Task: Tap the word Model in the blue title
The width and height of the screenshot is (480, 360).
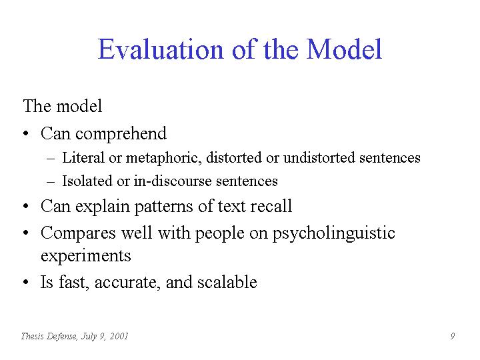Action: (344, 49)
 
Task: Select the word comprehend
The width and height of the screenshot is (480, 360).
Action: (121, 134)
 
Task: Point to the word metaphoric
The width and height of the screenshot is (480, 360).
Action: (164, 158)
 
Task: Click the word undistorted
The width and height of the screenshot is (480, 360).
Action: (319, 157)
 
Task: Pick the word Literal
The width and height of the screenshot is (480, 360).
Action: (83, 157)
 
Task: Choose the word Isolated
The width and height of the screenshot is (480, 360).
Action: (87, 181)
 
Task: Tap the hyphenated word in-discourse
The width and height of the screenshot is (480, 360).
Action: (173, 181)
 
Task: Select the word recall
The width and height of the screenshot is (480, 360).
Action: (271, 206)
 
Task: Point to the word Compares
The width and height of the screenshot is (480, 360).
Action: (79, 233)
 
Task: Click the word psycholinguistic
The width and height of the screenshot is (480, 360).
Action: (334, 233)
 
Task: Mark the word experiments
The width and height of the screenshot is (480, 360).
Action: (86, 256)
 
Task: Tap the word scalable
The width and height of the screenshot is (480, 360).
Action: (227, 281)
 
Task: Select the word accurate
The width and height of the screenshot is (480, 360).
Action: (127, 283)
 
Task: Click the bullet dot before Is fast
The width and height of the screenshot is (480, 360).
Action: (26, 282)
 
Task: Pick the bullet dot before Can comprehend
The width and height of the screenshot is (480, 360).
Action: (26, 134)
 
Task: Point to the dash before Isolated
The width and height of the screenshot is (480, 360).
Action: (51, 182)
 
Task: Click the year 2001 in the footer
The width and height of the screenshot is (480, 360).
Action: (119, 336)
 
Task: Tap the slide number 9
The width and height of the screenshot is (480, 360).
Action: (453, 336)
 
